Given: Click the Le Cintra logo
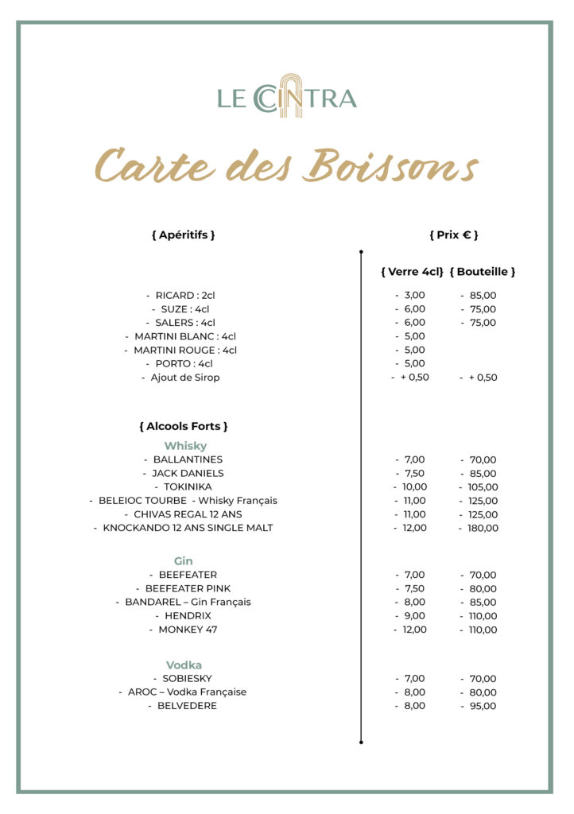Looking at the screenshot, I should (287, 97).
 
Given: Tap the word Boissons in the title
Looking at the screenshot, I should (393, 165).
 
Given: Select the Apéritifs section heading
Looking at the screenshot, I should (183, 235).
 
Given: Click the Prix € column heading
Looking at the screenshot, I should (453, 235).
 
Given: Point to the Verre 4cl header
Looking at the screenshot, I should (412, 272).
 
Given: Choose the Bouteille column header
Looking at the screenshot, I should (483, 272).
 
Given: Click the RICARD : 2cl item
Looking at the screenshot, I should (184, 296).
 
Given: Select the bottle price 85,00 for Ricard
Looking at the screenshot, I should (483, 296).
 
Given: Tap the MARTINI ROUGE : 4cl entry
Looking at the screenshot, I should (184, 350).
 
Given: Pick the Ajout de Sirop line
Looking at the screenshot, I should (184, 378).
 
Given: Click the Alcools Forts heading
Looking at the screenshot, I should (183, 427).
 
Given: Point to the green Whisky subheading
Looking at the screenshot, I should (185, 446).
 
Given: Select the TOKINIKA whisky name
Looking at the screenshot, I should (188, 487).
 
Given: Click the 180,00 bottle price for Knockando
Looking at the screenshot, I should (483, 529).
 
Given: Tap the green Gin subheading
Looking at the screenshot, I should (184, 561).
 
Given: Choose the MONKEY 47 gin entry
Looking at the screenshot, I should (188, 630).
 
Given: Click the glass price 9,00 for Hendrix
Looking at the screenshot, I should (414, 616).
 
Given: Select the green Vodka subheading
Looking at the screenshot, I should (184, 665).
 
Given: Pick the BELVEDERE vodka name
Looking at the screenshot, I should (187, 706).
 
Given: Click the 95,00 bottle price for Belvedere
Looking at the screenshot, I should (483, 706).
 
